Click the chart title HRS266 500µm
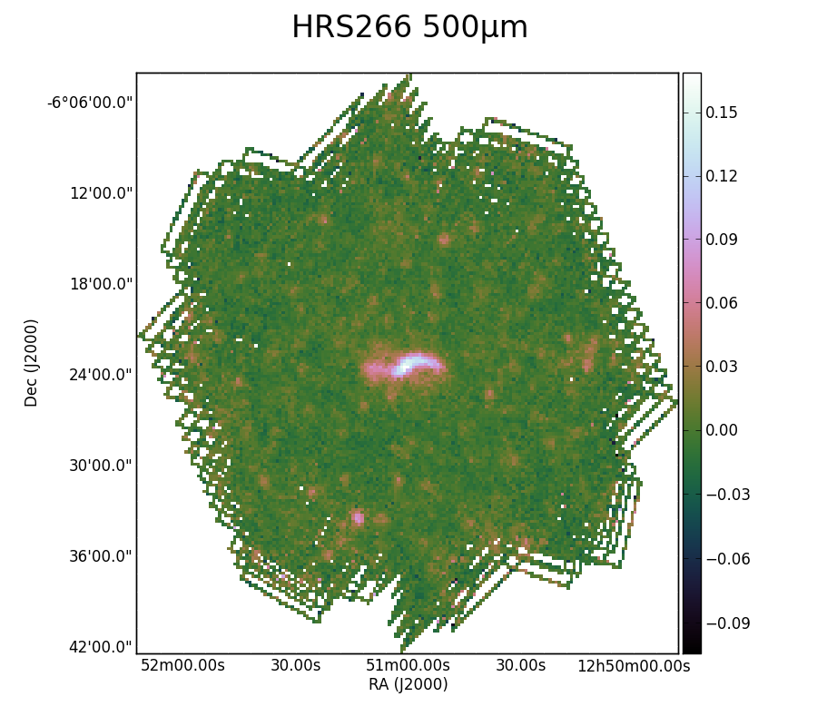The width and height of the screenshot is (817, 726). [x=409, y=27]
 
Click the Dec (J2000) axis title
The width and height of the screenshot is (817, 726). [x=31, y=363]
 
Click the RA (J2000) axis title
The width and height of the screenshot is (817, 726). [x=408, y=684]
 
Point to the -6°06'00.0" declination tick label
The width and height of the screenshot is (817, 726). [x=90, y=103]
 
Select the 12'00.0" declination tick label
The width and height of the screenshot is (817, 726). [x=101, y=193]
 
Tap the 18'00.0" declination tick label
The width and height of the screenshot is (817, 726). [x=101, y=284]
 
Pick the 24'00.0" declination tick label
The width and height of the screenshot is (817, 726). [x=101, y=375]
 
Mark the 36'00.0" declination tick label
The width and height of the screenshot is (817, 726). [x=101, y=556]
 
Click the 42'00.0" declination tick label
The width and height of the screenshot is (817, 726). [x=101, y=647]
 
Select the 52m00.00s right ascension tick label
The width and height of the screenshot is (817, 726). [x=182, y=665]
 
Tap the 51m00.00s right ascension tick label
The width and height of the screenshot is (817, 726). [x=408, y=665]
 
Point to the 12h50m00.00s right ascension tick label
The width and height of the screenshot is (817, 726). [x=634, y=665]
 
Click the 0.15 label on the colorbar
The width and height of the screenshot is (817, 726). [x=722, y=113]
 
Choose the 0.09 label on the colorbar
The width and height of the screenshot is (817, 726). [x=722, y=240]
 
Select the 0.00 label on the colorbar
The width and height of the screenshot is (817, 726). [x=722, y=430]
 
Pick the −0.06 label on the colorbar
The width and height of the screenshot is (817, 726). [x=728, y=559]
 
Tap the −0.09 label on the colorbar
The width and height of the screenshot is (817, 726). [x=728, y=623]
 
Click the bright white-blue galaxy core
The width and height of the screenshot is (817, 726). [x=409, y=364]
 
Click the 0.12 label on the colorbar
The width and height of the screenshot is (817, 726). [x=722, y=176]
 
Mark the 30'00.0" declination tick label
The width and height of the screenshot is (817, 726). [x=101, y=465]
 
